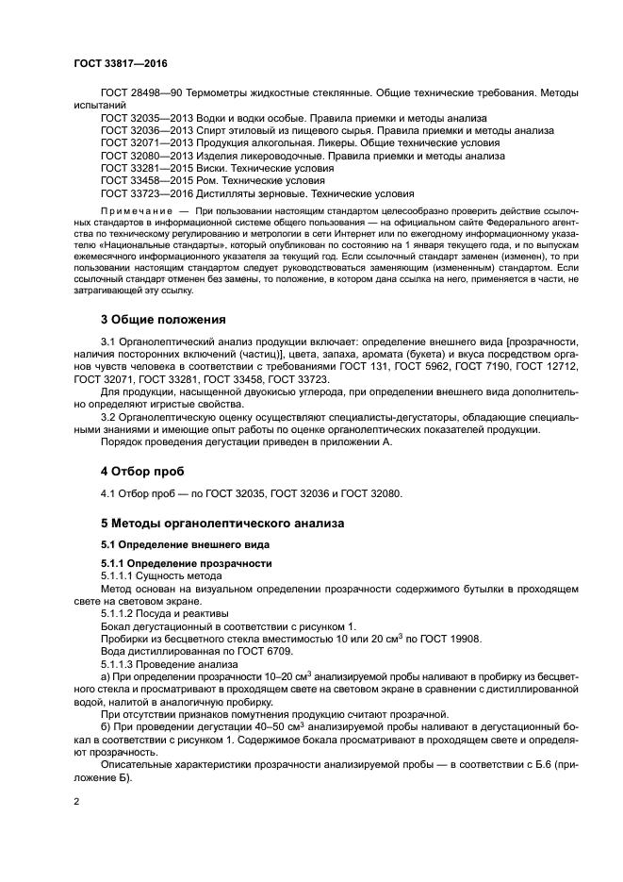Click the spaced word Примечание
tap(135, 208)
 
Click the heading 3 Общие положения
tap(164, 319)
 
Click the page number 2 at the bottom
tap(76, 802)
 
